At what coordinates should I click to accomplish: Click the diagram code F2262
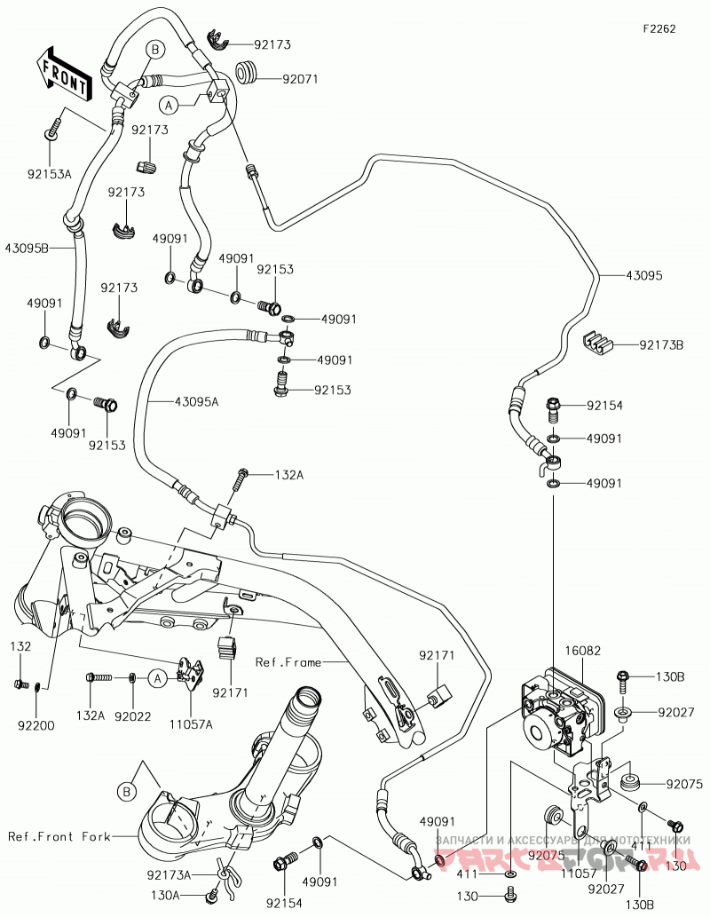pos(659,28)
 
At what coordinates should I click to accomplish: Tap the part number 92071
pos(300,79)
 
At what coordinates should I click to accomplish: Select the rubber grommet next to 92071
pos(248,72)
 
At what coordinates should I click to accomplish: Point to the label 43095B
pos(27,248)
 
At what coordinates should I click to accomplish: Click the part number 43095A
pos(196,402)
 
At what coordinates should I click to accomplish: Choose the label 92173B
pos(661,345)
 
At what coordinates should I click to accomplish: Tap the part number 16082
pos(582,651)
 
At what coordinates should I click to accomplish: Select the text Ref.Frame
pos(288,662)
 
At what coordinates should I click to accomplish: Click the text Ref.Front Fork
pos(59,836)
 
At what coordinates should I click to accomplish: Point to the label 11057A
pos(192,724)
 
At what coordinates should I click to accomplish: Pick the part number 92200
pos(36,726)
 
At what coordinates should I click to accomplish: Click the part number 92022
pos(133,715)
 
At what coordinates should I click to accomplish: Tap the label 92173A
pos(169,875)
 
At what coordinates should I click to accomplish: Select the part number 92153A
pos(49,173)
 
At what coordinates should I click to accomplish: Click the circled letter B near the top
pos(155,51)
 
